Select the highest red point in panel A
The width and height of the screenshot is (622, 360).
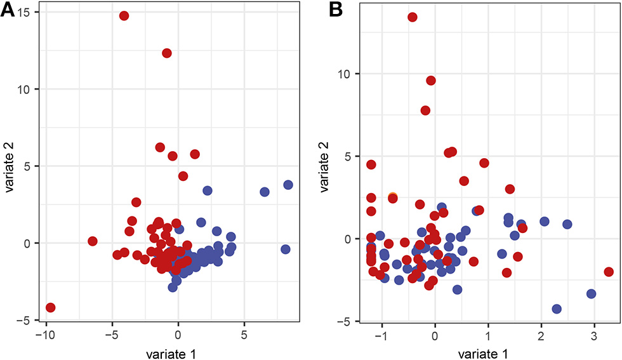point(124,16)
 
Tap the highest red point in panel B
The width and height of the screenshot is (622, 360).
point(413,17)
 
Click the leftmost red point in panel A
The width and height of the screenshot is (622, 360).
point(51,307)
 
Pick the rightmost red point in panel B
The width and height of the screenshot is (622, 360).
point(609,272)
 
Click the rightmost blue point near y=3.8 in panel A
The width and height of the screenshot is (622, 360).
point(288,185)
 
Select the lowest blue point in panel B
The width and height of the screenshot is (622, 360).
point(557,309)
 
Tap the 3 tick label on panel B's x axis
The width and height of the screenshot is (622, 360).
point(594,335)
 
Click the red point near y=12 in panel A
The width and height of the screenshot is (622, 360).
point(167,53)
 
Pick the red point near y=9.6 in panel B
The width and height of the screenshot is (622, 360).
point(431,81)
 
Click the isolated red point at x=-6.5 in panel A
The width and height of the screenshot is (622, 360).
point(93,241)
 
